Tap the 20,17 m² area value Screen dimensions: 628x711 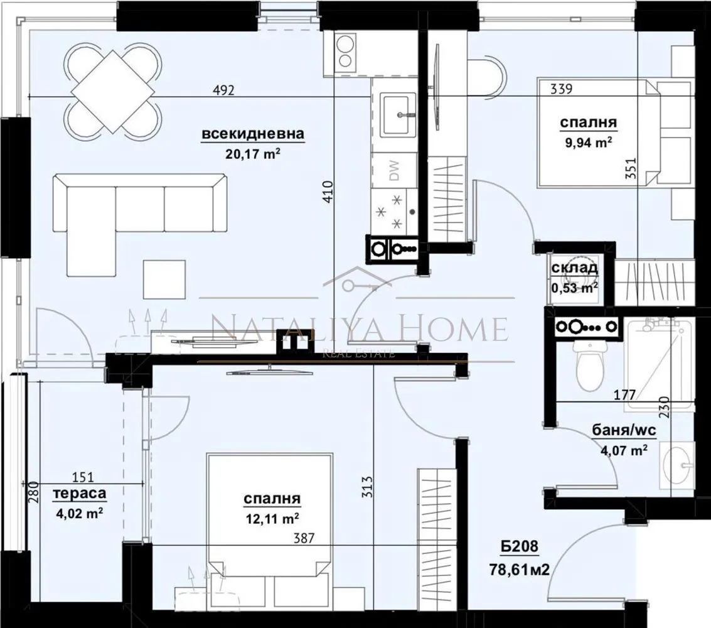coord(253,153)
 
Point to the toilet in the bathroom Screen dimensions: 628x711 coord(589,362)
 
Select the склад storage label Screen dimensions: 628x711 coord(574,269)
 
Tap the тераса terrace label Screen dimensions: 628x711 coord(79,494)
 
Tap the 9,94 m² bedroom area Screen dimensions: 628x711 coord(588,143)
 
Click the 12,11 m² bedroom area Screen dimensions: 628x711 coord(272,519)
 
